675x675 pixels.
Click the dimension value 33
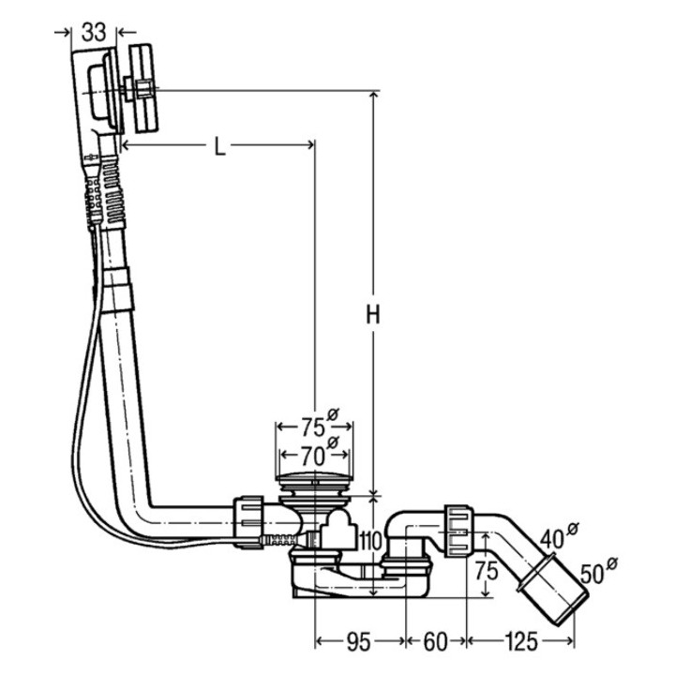pyautogui.click(x=93, y=31)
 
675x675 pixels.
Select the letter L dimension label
pyautogui.click(x=217, y=147)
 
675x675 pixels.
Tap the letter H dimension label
pyautogui.click(x=372, y=317)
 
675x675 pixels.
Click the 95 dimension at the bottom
pyautogui.click(x=358, y=642)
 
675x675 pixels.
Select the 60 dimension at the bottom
pyautogui.click(x=436, y=642)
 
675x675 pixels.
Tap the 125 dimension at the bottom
pyautogui.click(x=521, y=642)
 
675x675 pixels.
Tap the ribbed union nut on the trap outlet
pyautogui.click(x=457, y=531)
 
